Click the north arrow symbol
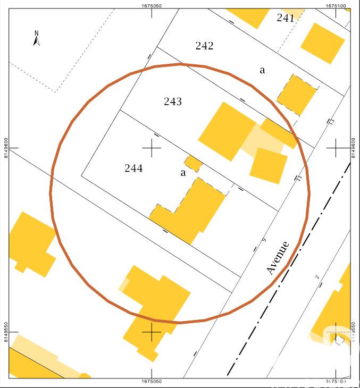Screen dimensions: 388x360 click(x=37, y=38)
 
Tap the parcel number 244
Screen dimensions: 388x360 click(x=133, y=168)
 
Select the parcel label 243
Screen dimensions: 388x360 click(x=173, y=101)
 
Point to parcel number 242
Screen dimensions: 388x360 click(x=204, y=46)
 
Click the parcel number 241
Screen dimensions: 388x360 click(x=286, y=18)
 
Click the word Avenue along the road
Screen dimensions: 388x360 click(x=278, y=258)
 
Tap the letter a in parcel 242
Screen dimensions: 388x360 click(x=262, y=70)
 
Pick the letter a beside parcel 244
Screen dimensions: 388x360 click(x=183, y=172)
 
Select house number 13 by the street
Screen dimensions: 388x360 click(x=331, y=122)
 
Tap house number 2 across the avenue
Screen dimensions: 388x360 click(x=317, y=277)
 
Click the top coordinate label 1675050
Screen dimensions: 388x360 click(x=152, y=5)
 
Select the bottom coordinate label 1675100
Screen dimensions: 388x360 click(x=337, y=382)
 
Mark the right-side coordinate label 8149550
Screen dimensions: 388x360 click(x=355, y=332)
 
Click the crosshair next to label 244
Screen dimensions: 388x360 click(x=152, y=148)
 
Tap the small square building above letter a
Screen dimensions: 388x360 click(x=194, y=163)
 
